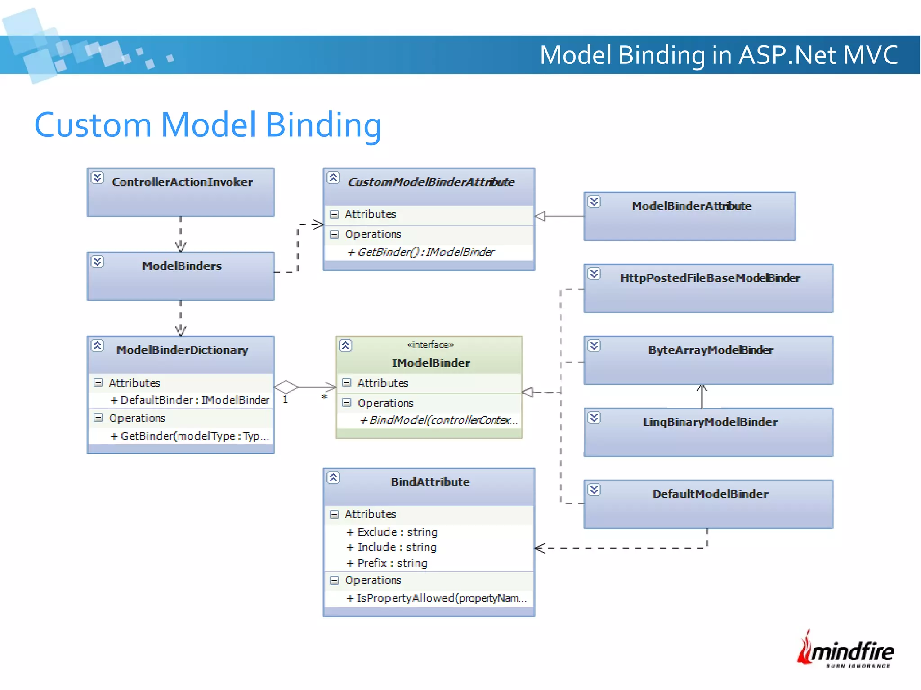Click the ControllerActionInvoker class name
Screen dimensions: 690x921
(182, 182)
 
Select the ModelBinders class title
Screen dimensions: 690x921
(182, 266)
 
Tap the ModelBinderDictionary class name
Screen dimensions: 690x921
(182, 350)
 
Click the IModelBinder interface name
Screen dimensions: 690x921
(431, 363)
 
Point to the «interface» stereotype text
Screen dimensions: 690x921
(430, 345)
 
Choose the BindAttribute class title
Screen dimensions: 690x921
(430, 482)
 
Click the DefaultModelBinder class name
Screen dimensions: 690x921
(710, 494)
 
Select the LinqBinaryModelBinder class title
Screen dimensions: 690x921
(710, 422)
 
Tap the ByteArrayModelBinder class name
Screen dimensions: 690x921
(711, 350)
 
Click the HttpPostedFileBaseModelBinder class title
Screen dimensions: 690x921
(710, 278)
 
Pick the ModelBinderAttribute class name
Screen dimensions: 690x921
(691, 206)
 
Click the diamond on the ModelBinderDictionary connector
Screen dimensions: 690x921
(286, 387)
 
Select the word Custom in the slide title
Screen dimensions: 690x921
(93, 125)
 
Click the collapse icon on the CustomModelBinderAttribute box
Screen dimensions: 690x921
(333, 178)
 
